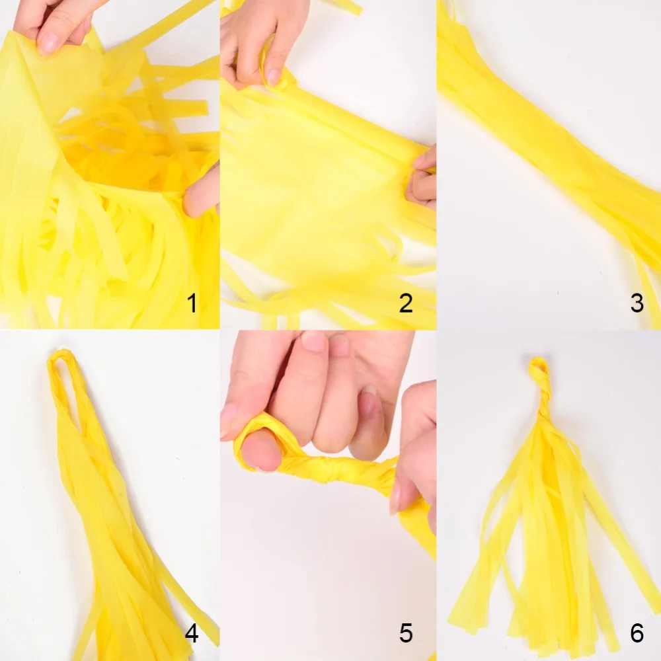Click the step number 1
coord(192,303)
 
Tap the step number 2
coord(406,303)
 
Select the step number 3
coord(637,303)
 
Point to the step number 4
coord(192,633)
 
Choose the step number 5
coord(406,633)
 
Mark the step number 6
coord(637,633)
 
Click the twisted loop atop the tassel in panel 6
coord(539,371)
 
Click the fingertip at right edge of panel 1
coord(202,190)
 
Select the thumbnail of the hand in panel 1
coord(48,42)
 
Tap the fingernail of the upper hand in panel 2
coord(274,77)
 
